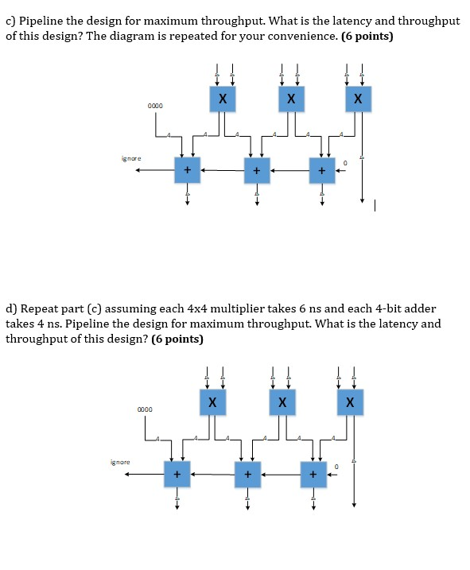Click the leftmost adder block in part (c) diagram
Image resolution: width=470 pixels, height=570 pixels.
tap(187, 169)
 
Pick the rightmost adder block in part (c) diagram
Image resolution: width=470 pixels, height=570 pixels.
tap(323, 169)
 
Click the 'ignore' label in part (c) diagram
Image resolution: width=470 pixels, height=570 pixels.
tap(132, 159)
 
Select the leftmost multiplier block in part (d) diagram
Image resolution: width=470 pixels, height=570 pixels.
tap(212, 403)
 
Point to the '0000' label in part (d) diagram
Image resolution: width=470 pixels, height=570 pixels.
tap(144, 409)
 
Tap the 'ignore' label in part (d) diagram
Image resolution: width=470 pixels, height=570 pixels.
tap(120, 462)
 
